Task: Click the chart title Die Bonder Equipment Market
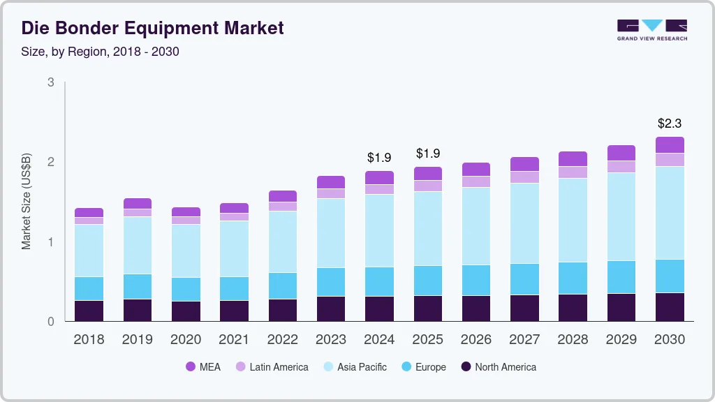152,28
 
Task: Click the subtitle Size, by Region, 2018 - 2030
100,52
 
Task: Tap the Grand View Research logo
651,29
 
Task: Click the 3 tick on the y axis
50,82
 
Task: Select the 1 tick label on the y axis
50,242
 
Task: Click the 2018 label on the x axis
89,340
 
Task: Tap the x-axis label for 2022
282,340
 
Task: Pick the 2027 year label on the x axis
524,340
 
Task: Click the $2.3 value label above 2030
670,124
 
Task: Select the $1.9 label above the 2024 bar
379,158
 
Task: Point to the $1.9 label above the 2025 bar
428,154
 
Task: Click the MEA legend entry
203,367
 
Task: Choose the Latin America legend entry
272,367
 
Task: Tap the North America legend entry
498,367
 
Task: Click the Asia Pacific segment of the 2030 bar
670,213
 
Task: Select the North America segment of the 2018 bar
89,311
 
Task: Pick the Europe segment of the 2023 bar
331,282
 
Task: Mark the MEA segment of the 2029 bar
621,153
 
